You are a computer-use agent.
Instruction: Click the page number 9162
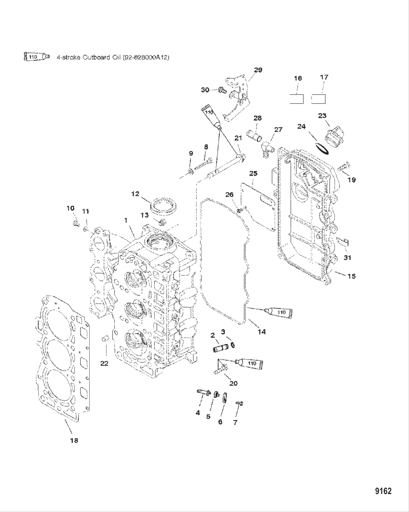[383, 491]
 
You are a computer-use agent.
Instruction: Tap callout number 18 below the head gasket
[74, 440]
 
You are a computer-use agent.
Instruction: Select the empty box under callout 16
[297, 99]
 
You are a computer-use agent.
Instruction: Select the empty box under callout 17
[318, 99]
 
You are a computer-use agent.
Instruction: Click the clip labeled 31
[343, 242]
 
